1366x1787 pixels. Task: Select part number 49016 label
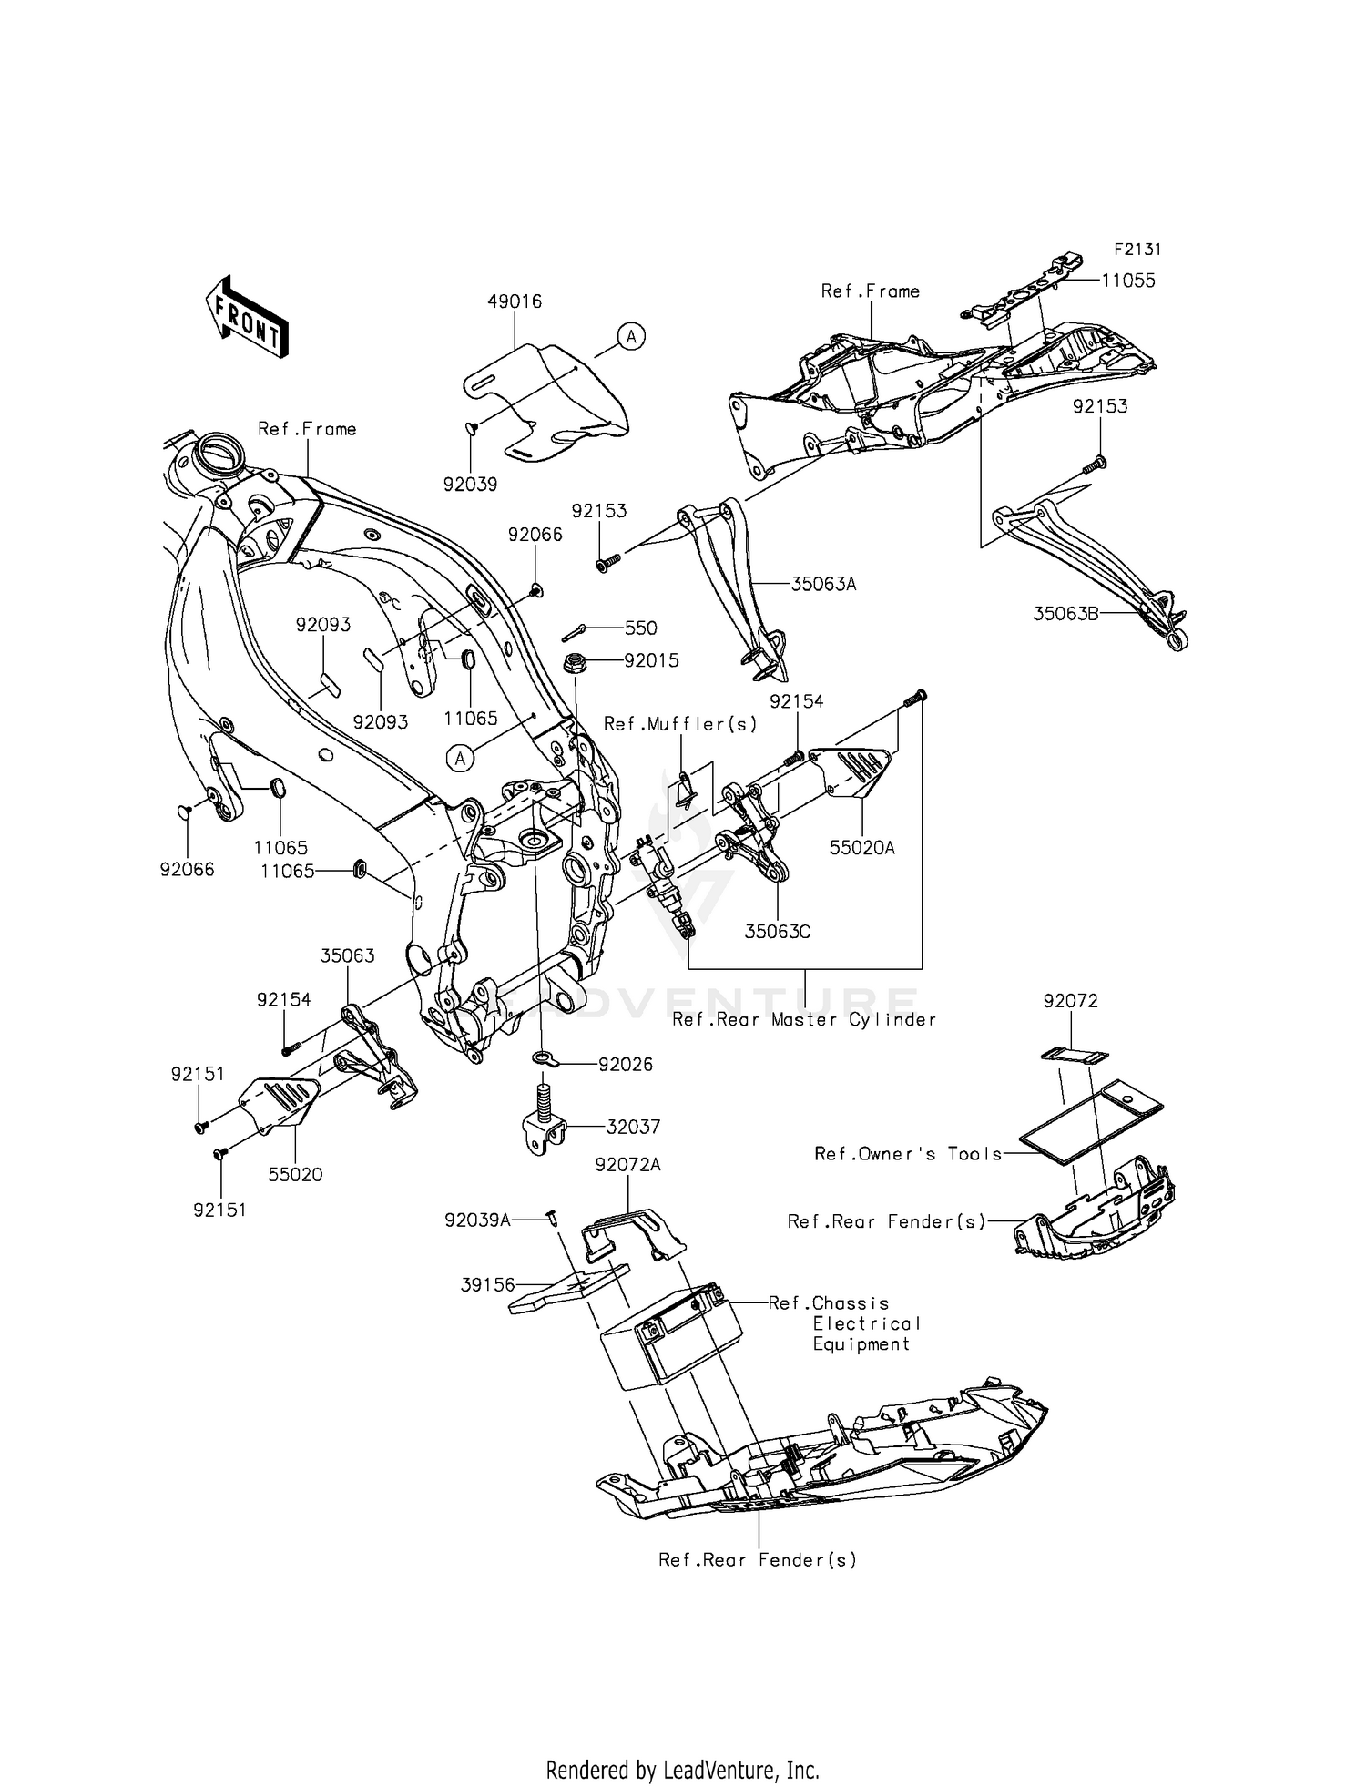coord(515,301)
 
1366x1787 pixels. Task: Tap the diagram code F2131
coord(1137,250)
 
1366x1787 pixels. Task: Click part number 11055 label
coord(1128,281)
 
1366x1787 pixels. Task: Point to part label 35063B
coord(1065,614)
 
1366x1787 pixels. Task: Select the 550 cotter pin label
coord(640,628)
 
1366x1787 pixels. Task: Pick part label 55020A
coord(861,848)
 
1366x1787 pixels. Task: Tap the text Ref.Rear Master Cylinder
coord(804,1020)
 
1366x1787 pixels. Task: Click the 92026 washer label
coord(625,1064)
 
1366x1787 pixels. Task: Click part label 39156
coord(488,1285)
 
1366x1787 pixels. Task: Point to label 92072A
coord(628,1165)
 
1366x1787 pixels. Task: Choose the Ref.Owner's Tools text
coord(908,1154)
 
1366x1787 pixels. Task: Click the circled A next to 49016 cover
coord(630,336)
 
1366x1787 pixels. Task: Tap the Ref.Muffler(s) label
coord(681,724)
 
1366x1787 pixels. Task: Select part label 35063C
coord(778,932)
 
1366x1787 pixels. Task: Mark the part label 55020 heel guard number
coord(295,1175)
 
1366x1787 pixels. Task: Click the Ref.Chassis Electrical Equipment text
coord(844,1323)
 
